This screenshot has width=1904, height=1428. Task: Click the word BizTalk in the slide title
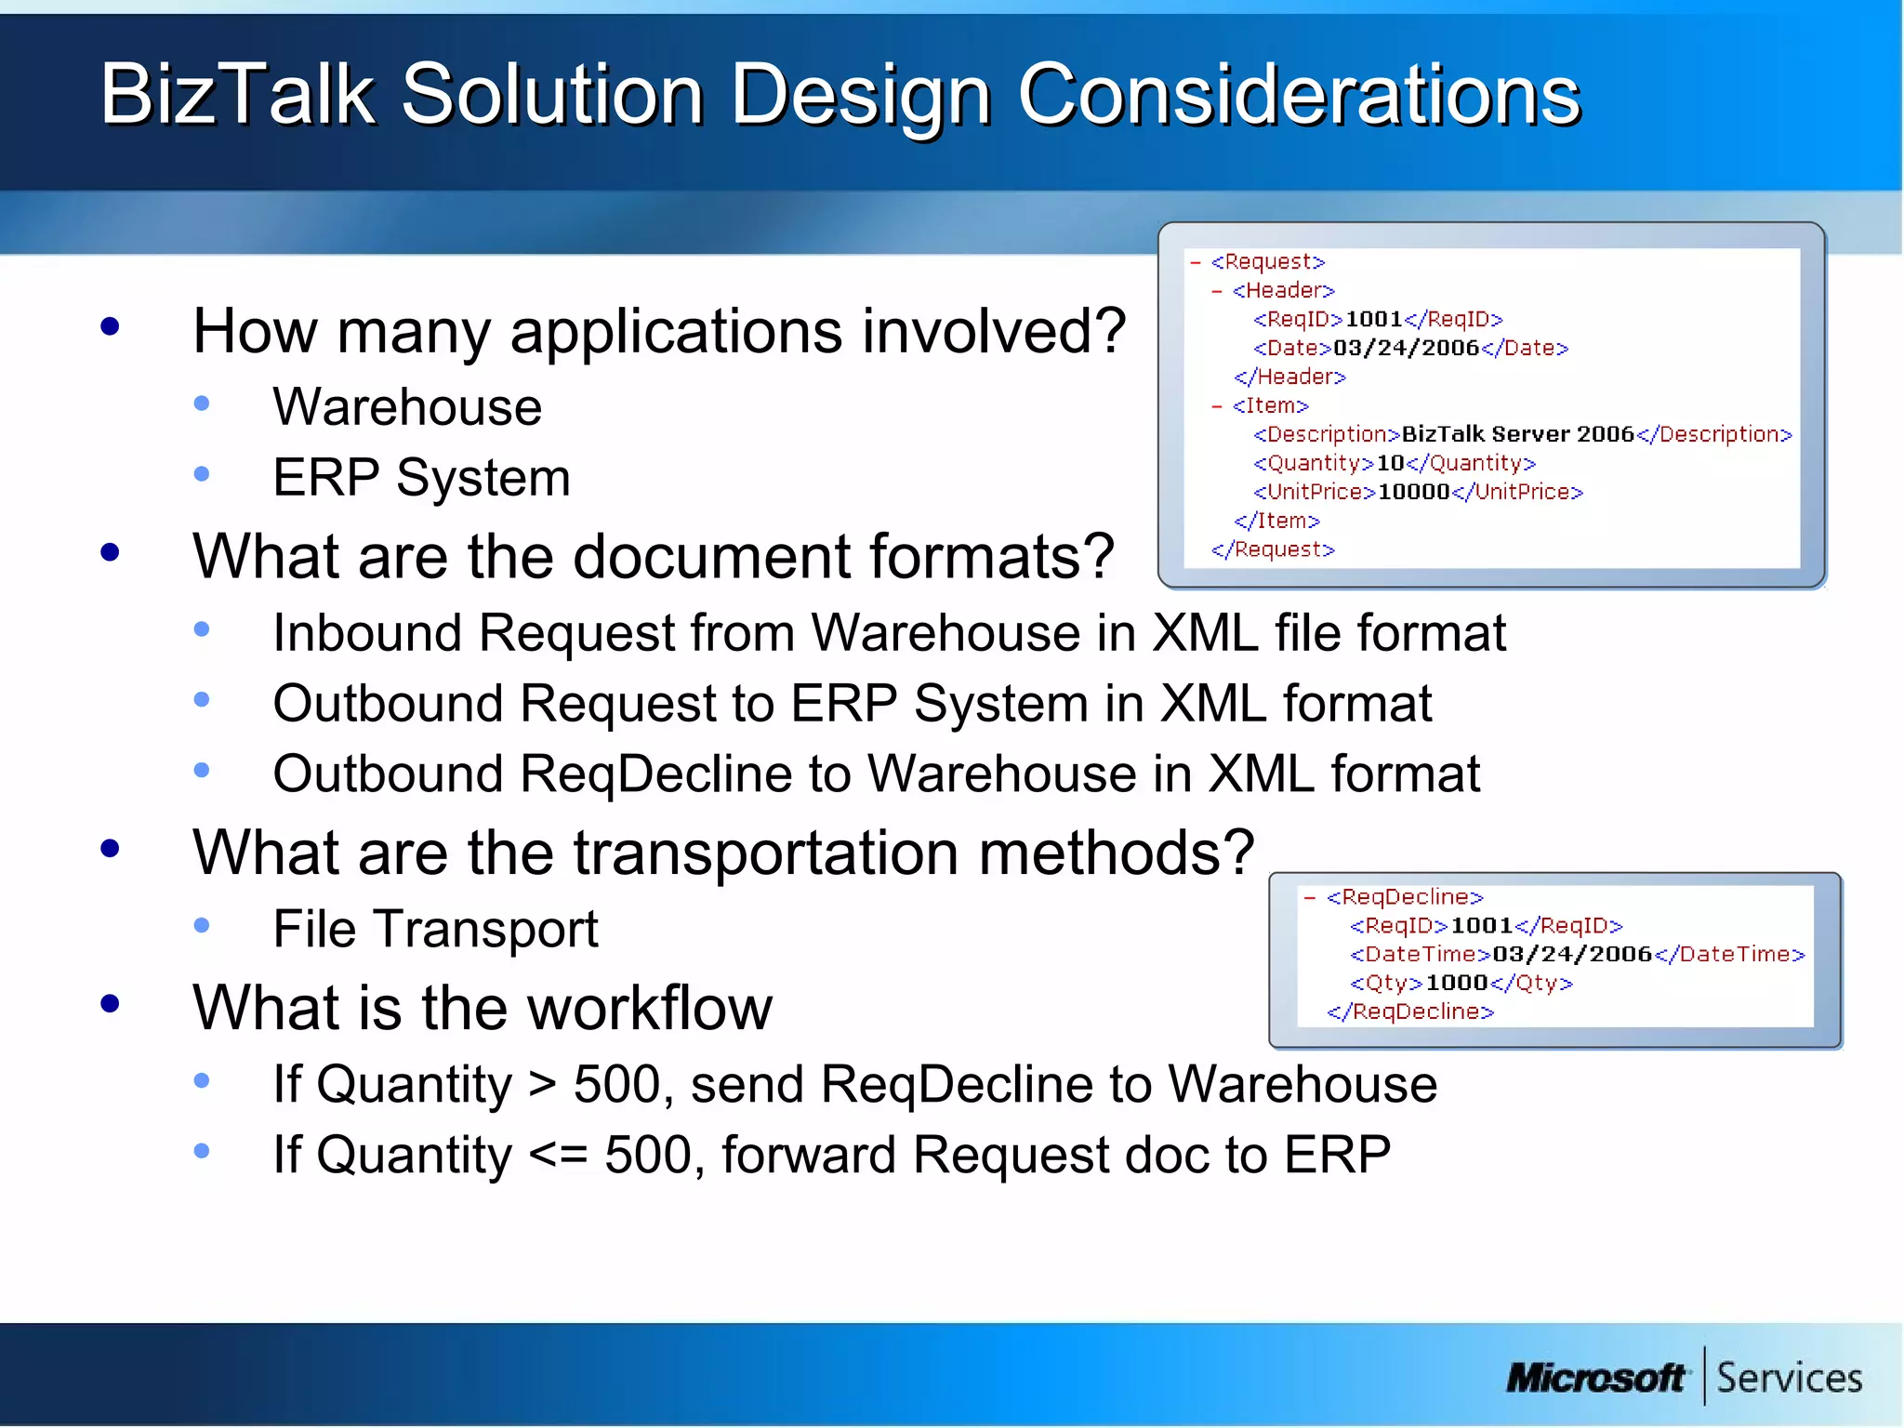pyautogui.click(x=236, y=95)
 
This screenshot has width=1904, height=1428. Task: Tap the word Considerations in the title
pyautogui.click(x=1299, y=95)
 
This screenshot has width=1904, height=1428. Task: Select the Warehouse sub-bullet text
pyautogui.click(x=407, y=407)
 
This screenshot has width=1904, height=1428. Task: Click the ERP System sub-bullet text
pyautogui.click(x=421, y=478)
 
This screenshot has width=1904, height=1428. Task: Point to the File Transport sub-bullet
pyautogui.click(x=435, y=929)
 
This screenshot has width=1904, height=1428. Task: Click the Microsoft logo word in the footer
pyautogui.click(x=1595, y=1378)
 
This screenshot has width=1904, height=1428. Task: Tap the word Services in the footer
pyautogui.click(x=1789, y=1378)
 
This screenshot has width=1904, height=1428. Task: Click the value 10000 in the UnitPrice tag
pyautogui.click(x=1413, y=492)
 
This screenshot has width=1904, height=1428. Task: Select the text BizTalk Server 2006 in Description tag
pyautogui.click(x=1517, y=434)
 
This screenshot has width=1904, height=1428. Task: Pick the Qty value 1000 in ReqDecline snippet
pyautogui.click(x=1457, y=983)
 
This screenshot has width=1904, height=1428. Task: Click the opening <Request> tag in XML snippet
pyautogui.click(x=1267, y=262)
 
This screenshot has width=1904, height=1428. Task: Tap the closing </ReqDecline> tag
pyautogui.click(x=1410, y=1011)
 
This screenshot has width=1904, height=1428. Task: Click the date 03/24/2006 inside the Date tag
pyautogui.click(x=1406, y=348)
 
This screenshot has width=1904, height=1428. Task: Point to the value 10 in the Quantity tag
pyautogui.click(x=1390, y=463)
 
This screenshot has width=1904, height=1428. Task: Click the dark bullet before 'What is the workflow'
pyautogui.click(x=110, y=1004)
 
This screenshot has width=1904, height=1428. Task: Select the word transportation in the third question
pyautogui.click(x=767, y=853)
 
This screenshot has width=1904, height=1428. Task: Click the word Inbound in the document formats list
pyautogui.click(x=367, y=633)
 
